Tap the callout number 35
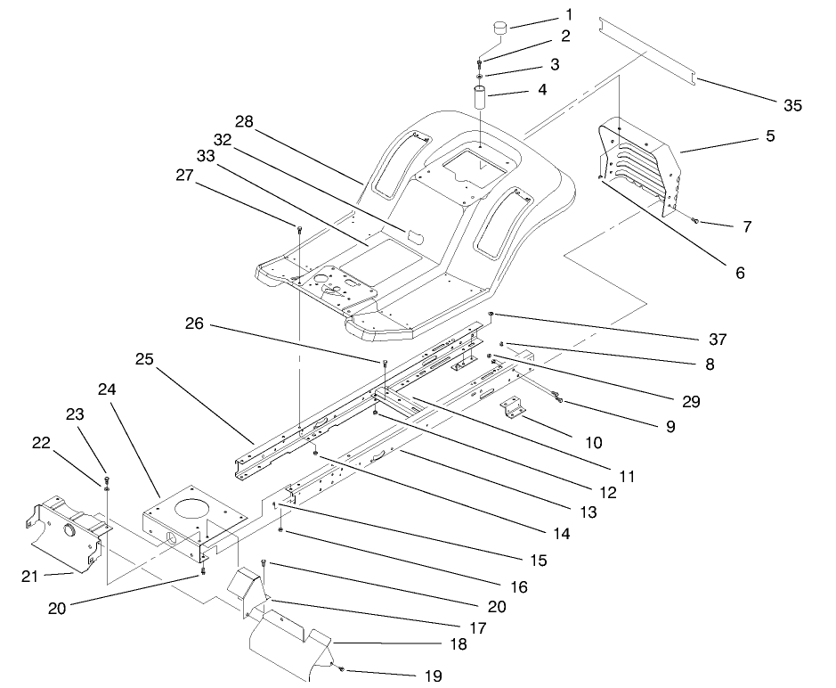tap(792, 105)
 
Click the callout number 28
tap(245, 120)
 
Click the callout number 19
tap(434, 676)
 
